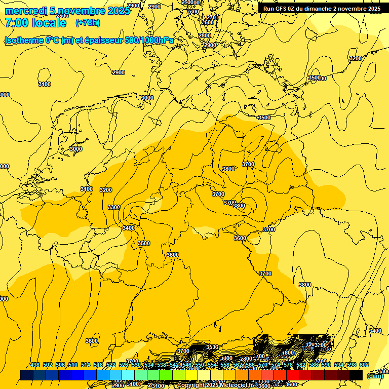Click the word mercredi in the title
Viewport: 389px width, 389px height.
(26, 11)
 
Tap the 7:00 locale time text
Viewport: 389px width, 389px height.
(35, 23)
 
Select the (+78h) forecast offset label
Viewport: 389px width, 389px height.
(88, 23)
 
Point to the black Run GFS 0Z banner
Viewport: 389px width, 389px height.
(322, 9)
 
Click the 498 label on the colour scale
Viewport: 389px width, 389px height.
(35, 365)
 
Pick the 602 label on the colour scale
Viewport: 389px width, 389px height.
(364, 365)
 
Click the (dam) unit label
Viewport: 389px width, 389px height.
(374, 375)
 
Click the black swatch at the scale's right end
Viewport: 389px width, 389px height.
(356, 375)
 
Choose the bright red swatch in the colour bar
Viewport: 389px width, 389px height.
(293, 375)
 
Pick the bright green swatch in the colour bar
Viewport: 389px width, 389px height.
(166, 375)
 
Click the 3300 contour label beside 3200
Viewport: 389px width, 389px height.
(114, 207)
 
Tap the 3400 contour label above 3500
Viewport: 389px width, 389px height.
(129, 228)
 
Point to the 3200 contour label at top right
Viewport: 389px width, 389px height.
(356, 58)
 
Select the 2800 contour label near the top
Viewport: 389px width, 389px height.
(205, 35)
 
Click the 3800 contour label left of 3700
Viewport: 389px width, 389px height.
(228, 169)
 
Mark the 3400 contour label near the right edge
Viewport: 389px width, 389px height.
(375, 331)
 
